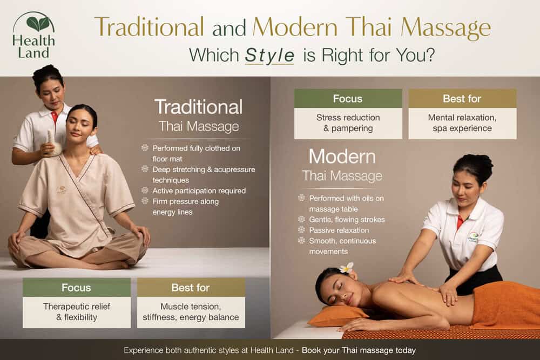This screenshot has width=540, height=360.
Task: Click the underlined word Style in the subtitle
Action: (269, 55)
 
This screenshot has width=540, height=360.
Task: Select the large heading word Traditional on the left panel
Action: (198, 107)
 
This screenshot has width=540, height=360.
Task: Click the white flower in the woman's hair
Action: (346, 268)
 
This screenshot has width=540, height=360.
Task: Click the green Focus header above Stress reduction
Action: (348, 99)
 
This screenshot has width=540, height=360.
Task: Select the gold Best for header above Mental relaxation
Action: (462, 99)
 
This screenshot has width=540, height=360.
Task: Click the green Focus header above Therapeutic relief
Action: (76, 288)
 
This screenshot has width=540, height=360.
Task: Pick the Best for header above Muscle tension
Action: (191, 288)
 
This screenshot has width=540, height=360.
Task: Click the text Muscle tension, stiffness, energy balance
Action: (191, 312)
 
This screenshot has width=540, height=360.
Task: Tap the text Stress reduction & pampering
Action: (348, 123)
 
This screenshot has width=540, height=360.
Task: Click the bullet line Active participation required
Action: (199, 191)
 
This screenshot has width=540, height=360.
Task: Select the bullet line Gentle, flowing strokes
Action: (347, 220)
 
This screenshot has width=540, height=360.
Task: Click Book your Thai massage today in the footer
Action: (359, 350)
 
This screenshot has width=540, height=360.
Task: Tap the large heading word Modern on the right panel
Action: (342, 157)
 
